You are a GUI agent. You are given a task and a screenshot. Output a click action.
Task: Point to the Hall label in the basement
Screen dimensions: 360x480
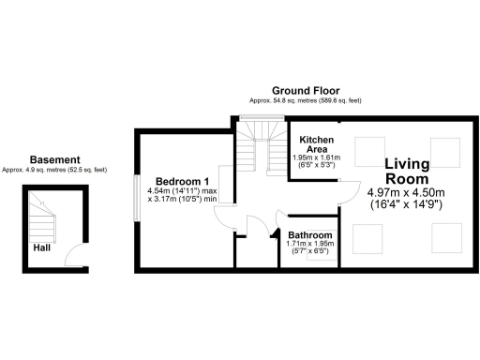pyautogui.click(x=42, y=248)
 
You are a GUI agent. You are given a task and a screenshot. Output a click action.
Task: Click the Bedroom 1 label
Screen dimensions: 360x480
pyautogui.click(x=182, y=180)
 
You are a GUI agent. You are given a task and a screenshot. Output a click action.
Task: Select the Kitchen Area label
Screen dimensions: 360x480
pyautogui.click(x=311, y=142)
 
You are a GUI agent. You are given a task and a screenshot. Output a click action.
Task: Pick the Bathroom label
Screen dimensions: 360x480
pyautogui.click(x=310, y=235)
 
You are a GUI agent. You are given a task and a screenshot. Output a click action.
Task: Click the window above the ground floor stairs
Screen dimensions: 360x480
pyautogui.click(x=254, y=118)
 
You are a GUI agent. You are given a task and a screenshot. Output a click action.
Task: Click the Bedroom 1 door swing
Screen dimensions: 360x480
pyautogui.click(x=223, y=218)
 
